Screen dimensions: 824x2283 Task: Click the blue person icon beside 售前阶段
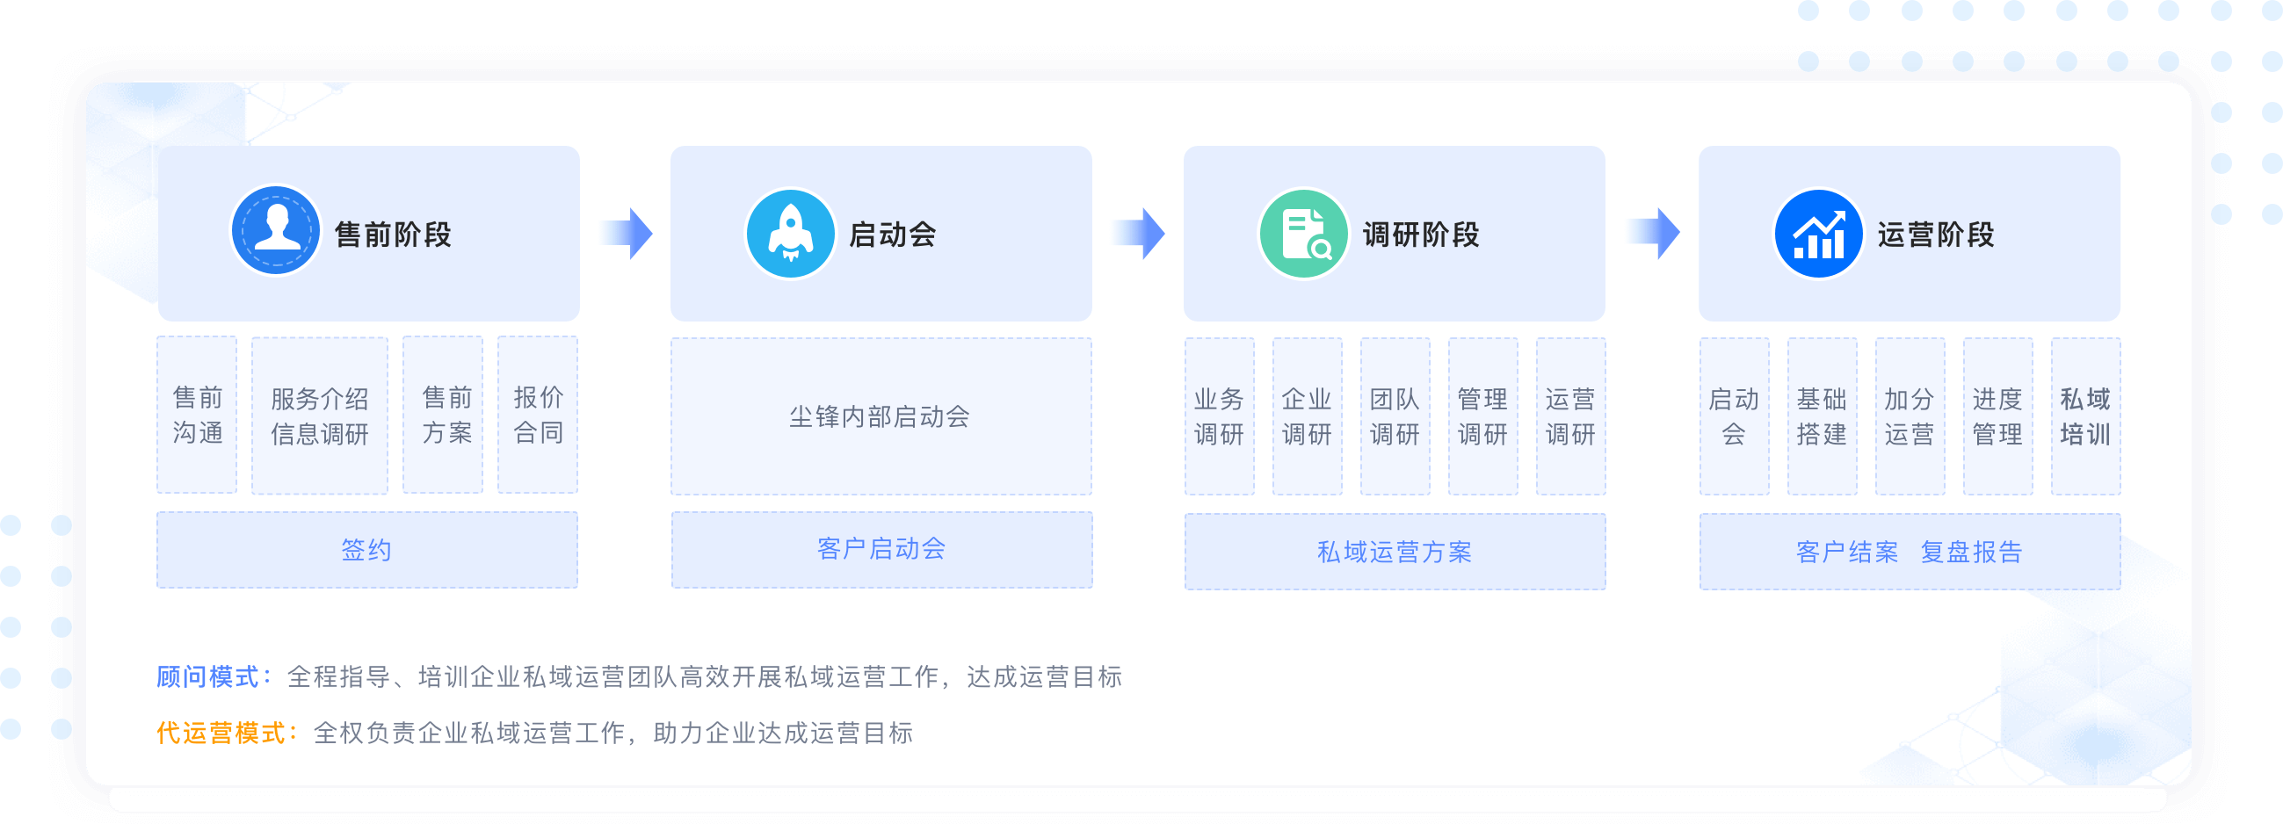(276, 231)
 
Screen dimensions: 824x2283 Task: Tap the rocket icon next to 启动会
(790, 234)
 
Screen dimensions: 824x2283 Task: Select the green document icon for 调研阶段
(1304, 234)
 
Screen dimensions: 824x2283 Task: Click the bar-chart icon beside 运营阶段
(1818, 234)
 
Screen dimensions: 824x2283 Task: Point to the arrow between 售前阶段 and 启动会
(628, 234)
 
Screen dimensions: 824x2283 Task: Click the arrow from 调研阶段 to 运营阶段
(1656, 234)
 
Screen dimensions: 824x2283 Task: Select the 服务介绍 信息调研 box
(320, 416)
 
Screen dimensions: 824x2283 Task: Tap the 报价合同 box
(538, 415)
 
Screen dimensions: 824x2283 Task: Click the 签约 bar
(367, 550)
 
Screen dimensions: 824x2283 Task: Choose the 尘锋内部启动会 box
(881, 416)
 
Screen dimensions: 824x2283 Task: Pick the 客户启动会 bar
(881, 549)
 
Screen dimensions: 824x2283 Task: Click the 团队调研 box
(1395, 416)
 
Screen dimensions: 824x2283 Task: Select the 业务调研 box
(1220, 416)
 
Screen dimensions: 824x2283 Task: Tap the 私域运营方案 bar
(1395, 552)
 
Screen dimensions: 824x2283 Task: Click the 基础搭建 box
(1823, 416)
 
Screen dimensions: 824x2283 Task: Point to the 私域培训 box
(2085, 416)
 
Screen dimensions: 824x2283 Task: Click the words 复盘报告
(1972, 552)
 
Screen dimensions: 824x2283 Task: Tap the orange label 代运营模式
(221, 733)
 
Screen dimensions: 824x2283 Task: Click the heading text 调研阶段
(1422, 235)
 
